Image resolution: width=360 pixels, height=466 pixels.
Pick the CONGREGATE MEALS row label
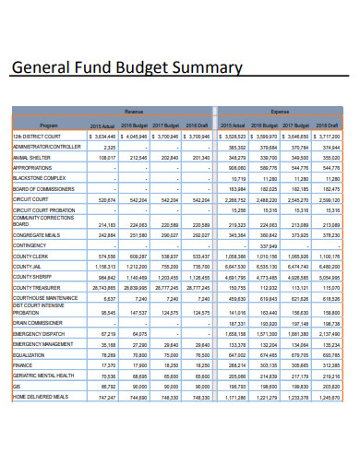(36, 234)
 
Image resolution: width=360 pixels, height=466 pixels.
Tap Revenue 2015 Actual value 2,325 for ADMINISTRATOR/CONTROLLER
(109, 147)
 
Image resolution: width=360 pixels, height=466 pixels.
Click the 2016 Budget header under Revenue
(134, 124)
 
